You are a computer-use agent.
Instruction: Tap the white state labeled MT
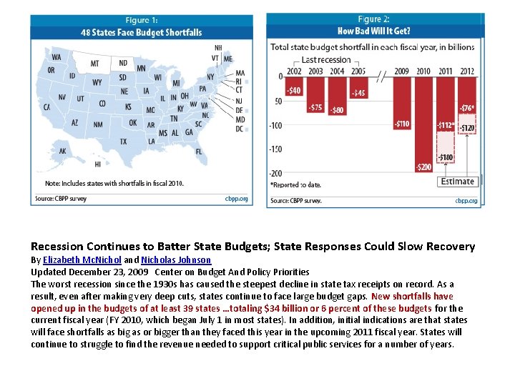(x=94, y=64)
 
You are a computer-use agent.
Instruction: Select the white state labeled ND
(x=123, y=64)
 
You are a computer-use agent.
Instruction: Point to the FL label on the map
(x=198, y=152)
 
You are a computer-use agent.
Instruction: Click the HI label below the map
(x=97, y=164)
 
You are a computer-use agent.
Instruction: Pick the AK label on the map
(x=63, y=151)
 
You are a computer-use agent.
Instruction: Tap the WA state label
(x=56, y=56)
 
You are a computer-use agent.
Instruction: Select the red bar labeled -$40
(x=293, y=86)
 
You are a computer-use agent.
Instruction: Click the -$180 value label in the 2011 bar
(x=446, y=157)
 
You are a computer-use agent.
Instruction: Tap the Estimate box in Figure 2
(x=457, y=182)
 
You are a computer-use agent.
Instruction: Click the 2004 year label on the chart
(x=337, y=71)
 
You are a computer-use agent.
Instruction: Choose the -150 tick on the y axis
(x=275, y=149)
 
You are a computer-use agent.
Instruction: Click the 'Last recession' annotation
(x=325, y=60)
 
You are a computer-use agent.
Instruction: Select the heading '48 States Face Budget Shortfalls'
(x=141, y=32)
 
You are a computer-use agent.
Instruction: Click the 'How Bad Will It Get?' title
(x=374, y=31)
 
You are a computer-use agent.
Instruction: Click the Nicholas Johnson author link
(x=176, y=260)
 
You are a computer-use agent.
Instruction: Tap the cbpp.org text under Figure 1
(x=236, y=198)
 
